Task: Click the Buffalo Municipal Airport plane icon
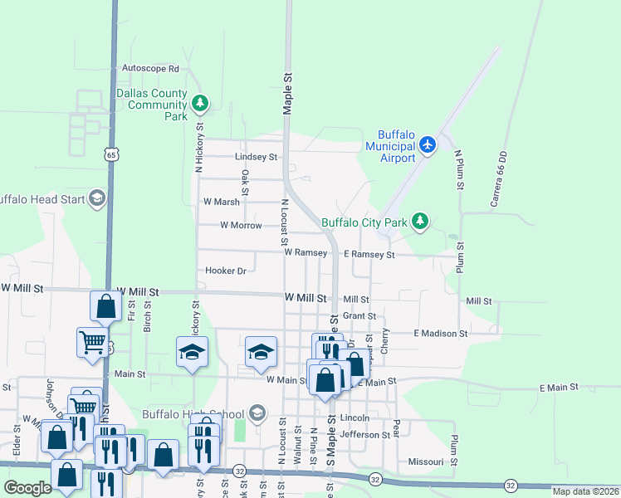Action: coord(428,145)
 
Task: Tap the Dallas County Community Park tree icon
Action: coord(199,104)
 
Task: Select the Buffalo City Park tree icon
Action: coord(422,221)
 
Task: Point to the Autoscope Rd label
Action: coord(150,68)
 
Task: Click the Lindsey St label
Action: coord(256,156)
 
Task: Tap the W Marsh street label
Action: coord(222,202)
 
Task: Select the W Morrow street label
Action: coord(241,225)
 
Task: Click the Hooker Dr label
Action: coord(226,271)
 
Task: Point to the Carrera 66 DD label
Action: coord(498,179)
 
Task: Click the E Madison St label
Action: coord(441,333)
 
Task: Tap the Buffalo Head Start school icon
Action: coord(97,198)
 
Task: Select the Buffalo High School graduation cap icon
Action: coord(257,413)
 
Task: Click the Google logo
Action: coord(28,488)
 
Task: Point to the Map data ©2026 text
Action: coord(585,491)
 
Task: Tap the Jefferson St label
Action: coord(364,434)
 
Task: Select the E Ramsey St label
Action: coord(369,255)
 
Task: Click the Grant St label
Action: coord(359,316)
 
